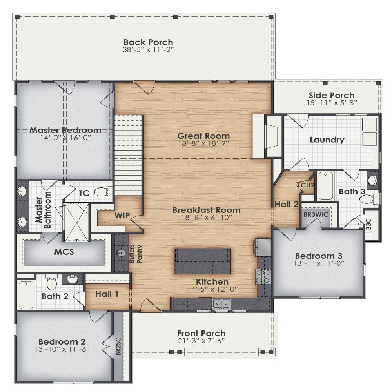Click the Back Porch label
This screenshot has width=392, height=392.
[148, 42]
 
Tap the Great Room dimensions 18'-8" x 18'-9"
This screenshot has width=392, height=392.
[203, 143]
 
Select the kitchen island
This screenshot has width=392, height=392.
[202, 261]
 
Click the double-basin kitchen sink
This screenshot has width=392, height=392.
[221, 303]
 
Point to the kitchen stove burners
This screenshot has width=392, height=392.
[263, 276]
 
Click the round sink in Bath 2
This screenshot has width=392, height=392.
[73, 279]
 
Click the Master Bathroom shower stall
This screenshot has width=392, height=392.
[76, 222]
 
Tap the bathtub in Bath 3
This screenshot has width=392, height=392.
[325, 186]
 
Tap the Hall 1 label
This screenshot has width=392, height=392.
[107, 294]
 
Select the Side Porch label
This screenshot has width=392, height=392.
[331, 95]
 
